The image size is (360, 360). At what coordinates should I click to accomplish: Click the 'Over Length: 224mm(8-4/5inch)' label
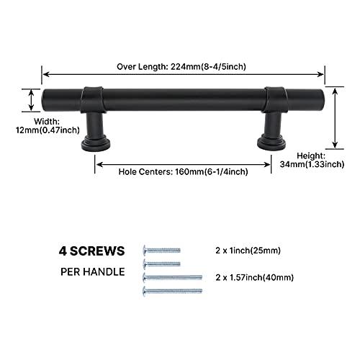pos(181,66)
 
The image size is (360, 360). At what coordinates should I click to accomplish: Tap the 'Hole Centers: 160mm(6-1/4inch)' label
pos(183,172)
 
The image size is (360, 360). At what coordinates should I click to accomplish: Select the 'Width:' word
pos(47,122)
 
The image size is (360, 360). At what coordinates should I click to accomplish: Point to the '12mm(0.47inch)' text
pos(48,130)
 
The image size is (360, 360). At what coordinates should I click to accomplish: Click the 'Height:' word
pos(311,156)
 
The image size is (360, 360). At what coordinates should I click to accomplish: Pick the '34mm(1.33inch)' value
pos(312,164)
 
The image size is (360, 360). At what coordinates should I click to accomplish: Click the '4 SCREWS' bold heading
pos(92,251)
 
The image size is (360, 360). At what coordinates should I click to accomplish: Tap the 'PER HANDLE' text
pos(93,272)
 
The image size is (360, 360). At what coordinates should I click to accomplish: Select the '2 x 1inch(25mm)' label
pos(248,251)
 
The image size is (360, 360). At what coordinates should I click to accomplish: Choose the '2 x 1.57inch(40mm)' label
pos(255,277)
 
